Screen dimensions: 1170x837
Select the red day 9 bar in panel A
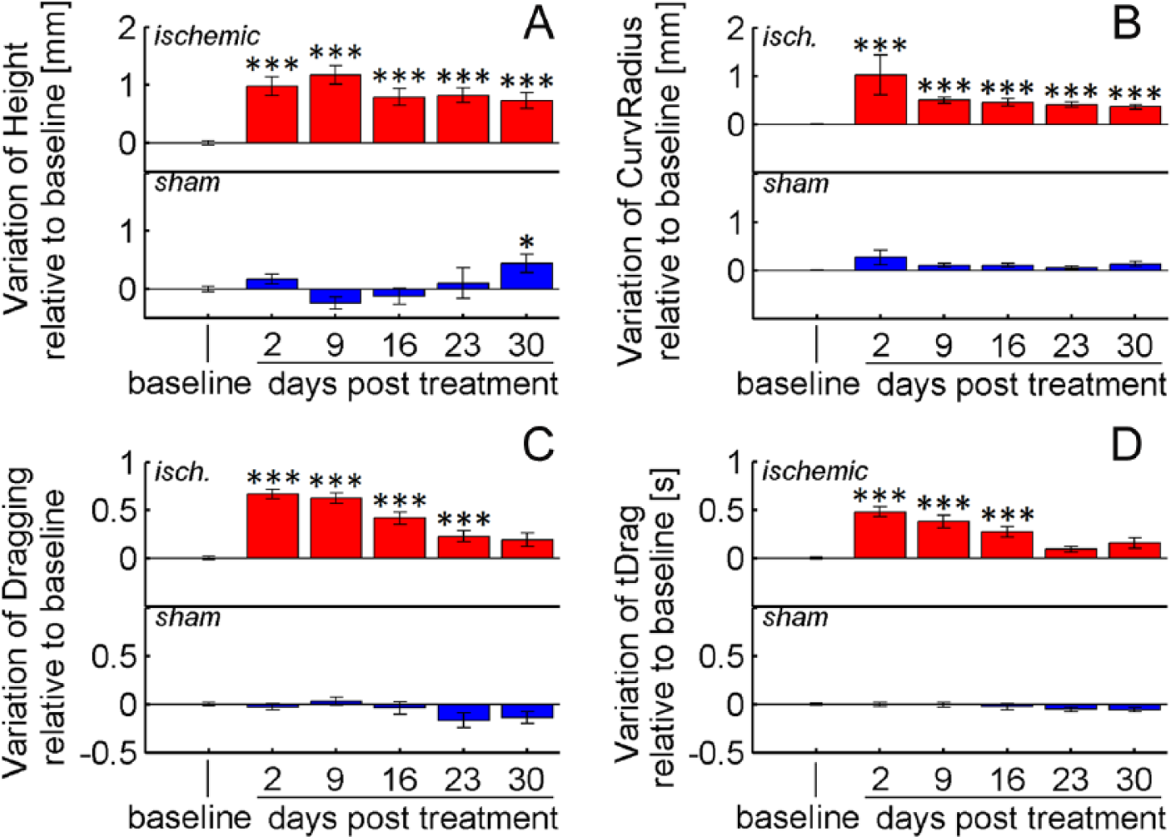coord(335,109)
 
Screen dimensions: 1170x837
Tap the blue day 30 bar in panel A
coord(527,276)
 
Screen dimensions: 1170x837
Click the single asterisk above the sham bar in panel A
coord(527,244)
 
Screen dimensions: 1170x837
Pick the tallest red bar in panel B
coord(881,99)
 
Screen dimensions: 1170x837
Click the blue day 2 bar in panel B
coord(881,264)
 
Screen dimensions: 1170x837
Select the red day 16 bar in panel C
coord(400,538)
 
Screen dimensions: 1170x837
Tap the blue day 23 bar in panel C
coord(464,712)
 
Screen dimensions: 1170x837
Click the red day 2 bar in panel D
coord(881,535)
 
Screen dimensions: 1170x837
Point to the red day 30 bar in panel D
coord(1135,550)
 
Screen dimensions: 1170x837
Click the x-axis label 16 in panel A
coord(400,345)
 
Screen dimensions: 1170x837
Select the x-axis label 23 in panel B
coord(1072,345)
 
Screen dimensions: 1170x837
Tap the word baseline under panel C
coord(189,817)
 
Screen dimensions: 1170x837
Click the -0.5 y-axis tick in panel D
coord(718,753)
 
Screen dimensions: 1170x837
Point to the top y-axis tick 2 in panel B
coord(736,29)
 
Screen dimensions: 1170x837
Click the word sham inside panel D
coord(796,618)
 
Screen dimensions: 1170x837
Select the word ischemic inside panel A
coord(207,35)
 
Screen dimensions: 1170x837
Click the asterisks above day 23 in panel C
coord(464,519)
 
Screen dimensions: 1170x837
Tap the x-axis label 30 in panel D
coord(1135,780)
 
